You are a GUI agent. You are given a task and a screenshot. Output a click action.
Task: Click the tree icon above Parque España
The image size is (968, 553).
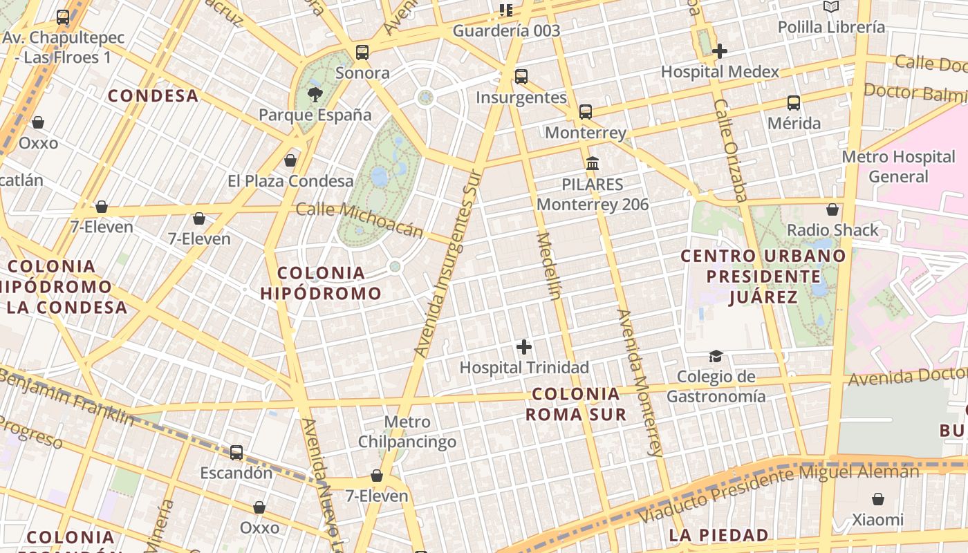[315, 95]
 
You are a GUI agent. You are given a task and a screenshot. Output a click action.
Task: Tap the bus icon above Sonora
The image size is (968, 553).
[362, 53]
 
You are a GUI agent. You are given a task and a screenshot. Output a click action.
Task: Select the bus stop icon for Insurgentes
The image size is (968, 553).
[521, 77]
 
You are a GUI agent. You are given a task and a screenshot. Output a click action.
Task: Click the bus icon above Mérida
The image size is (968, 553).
[794, 103]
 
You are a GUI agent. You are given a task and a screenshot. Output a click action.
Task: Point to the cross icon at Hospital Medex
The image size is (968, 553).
[720, 51]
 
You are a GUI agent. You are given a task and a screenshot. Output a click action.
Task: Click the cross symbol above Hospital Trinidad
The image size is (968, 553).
[524, 346]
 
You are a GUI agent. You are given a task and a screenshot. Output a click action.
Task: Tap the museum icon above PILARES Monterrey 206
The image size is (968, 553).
[593, 164]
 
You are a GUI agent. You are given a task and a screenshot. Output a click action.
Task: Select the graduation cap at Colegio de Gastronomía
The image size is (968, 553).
[716, 356]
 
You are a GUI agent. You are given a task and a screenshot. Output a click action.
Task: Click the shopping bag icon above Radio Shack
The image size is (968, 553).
[832, 209]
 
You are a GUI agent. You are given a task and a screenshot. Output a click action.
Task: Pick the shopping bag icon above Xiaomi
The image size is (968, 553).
[877, 499]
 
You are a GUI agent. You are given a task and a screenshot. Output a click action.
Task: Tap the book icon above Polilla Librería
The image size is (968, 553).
[831, 7]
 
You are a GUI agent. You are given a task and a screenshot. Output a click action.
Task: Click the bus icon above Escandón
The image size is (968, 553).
[236, 453]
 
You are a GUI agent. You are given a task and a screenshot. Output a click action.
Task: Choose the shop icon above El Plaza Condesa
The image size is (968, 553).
[290, 160]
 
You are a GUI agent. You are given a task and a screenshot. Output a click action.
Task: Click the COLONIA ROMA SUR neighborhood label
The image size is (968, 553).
[576, 404]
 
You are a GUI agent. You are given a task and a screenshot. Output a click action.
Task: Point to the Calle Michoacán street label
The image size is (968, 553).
[359, 219]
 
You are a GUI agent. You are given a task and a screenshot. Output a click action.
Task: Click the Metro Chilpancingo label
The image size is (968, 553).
[407, 432]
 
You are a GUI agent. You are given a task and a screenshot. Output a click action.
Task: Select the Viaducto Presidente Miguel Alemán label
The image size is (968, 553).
[779, 493]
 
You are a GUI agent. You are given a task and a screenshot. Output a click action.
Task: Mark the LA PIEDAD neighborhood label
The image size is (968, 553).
[718, 535]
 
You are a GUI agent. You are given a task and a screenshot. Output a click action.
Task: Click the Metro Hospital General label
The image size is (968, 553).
[897, 167]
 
